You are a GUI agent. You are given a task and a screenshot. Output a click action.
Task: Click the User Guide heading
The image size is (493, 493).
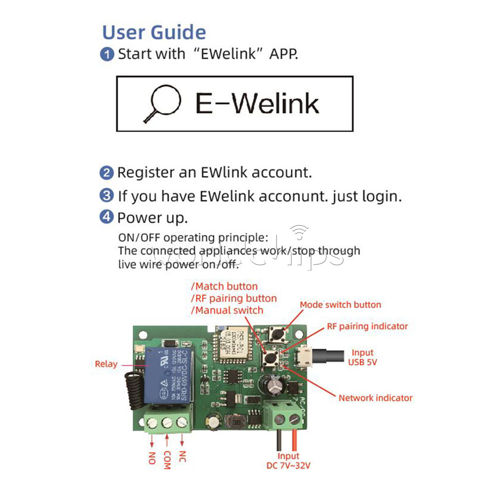tap(154, 33)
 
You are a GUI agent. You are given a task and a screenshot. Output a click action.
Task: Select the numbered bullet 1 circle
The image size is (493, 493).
tap(107, 54)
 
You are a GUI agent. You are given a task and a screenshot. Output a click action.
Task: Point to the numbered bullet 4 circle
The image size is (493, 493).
tap(106, 217)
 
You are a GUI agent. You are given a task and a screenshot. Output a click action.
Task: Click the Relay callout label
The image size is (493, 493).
tap(106, 364)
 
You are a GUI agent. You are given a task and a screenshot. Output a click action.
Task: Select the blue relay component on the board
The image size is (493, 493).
tap(169, 374)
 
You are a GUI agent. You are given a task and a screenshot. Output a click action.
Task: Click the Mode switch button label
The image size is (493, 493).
tap(340, 305)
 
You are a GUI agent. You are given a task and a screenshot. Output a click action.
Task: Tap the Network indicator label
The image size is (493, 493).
tap(375, 398)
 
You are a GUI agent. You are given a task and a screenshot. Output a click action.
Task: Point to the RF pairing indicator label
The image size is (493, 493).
tap(367, 326)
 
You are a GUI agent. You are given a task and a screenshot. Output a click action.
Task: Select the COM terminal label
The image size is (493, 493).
tap(167, 460)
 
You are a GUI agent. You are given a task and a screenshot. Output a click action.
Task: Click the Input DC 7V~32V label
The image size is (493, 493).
tap(288, 461)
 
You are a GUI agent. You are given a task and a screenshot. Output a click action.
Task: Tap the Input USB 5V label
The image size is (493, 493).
tap(362, 357)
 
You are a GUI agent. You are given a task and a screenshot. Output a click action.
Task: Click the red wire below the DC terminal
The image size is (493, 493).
tap(295, 439)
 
